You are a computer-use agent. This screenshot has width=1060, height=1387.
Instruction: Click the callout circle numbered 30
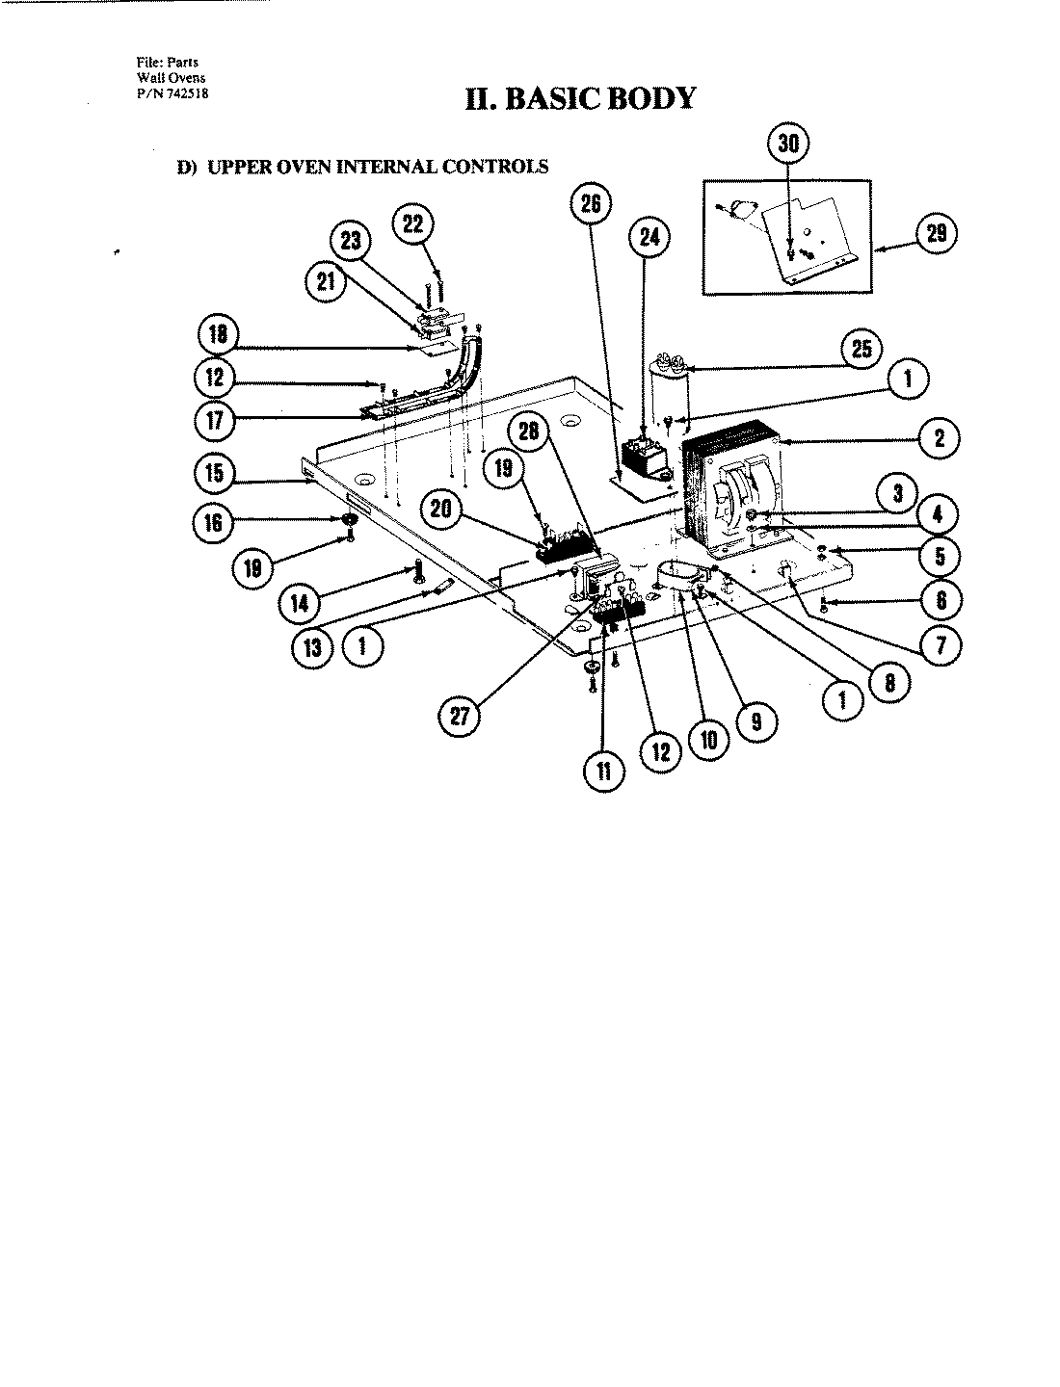(x=788, y=144)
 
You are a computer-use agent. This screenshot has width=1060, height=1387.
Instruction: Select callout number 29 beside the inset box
(x=934, y=234)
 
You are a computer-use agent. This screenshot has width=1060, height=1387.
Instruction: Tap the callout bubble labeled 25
(x=861, y=349)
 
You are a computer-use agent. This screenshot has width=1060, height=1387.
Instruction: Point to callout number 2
(x=938, y=439)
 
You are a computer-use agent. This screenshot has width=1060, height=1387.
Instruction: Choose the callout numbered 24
(x=649, y=237)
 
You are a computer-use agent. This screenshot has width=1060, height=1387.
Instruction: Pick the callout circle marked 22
(x=412, y=223)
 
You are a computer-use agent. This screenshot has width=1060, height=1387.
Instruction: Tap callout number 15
(x=214, y=472)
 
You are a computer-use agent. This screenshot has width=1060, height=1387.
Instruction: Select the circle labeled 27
(x=461, y=717)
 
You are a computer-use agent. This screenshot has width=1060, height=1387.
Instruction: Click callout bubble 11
(x=603, y=771)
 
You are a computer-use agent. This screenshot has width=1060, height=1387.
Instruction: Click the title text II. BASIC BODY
(x=579, y=98)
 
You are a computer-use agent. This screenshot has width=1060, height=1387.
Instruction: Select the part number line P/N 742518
(x=173, y=93)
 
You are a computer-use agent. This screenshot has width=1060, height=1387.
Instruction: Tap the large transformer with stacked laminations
(x=732, y=491)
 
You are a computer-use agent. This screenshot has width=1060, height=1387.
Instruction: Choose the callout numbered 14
(x=300, y=604)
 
